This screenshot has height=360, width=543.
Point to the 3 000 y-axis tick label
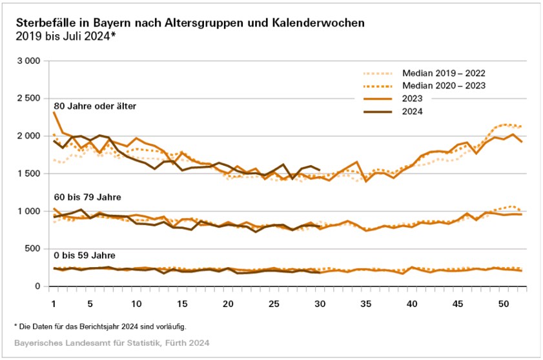click(28, 61)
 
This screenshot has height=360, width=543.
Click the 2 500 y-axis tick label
click(28, 98)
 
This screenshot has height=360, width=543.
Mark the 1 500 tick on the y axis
click(28, 174)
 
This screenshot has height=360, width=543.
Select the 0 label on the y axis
click(37, 286)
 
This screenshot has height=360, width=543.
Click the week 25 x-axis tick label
click(274, 303)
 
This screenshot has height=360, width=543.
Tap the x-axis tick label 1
click(54, 303)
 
